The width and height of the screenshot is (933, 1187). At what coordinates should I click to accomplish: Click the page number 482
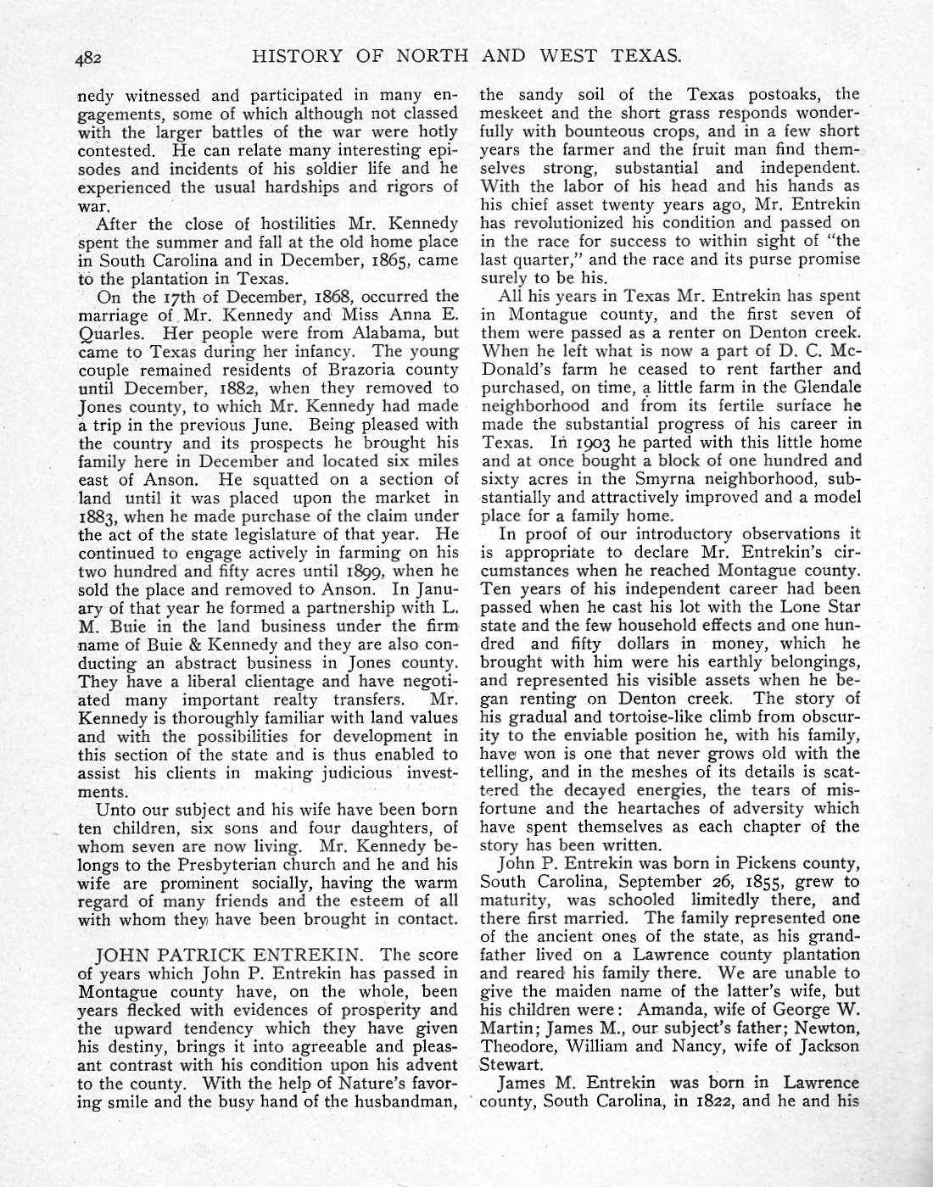pyautogui.click(x=88, y=58)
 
